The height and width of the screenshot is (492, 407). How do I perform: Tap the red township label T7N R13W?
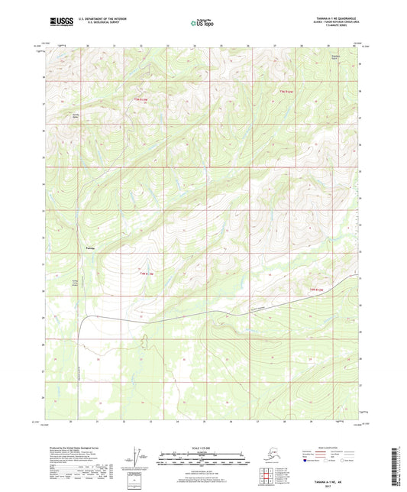(x=141, y=100)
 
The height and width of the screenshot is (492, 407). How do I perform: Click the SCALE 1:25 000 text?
(x=203, y=447)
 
